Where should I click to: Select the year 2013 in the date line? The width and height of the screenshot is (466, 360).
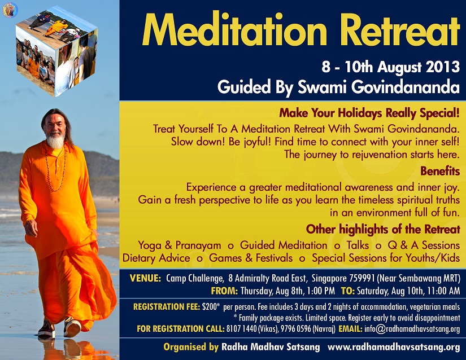click(x=443, y=67)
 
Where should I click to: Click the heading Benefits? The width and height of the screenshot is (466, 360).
click(x=440, y=171)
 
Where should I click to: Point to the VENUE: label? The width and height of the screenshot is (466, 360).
click(x=145, y=278)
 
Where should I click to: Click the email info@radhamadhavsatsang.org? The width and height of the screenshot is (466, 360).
click(x=412, y=329)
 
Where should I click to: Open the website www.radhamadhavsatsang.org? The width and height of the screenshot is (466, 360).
click(x=394, y=347)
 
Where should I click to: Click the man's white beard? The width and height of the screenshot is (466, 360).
click(x=55, y=141)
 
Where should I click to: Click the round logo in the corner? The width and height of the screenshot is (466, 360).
click(x=10, y=10)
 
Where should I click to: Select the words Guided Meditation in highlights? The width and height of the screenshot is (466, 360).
click(x=284, y=245)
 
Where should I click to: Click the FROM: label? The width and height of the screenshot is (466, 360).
click(x=224, y=291)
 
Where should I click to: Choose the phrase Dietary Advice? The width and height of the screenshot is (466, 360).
click(x=156, y=258)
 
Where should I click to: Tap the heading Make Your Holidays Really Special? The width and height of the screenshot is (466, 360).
click(x=369, y=113)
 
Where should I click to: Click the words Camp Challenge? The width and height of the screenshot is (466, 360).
click(x=195, y=278)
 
